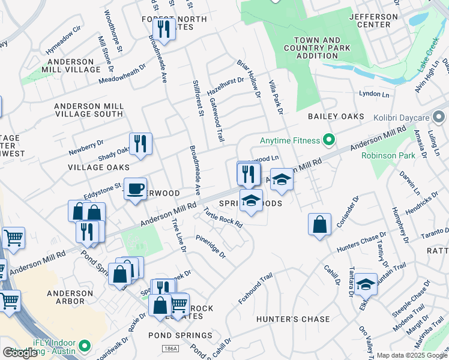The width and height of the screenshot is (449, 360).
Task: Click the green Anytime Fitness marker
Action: (x=328, y=141)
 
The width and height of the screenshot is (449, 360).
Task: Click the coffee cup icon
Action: (x=135, y=188)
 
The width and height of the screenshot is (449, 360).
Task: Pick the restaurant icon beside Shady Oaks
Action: (x=140, y=143)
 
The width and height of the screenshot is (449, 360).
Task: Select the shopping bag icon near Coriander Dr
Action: (x=320, y=224)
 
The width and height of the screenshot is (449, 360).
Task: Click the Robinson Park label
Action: (x=388, y=155)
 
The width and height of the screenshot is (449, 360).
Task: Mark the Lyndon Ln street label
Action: (x=370, y=94)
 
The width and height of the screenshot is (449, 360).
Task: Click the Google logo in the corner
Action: (x=21, y=353)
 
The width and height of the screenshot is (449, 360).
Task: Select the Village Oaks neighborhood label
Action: (x=91, y=167)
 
